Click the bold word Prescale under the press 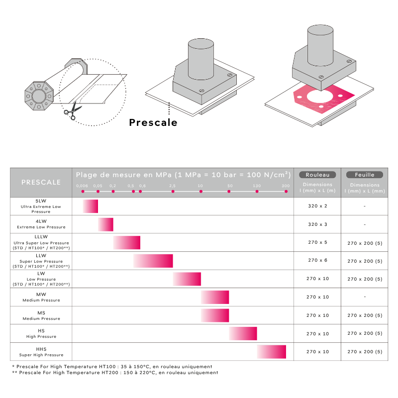[x=153, y=122]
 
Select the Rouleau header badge [x=317, y=175]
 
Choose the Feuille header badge [x=365, y=175]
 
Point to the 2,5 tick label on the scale [x=172, y=186]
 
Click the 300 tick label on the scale [x=286, y=186]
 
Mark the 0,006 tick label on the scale [x=82, y=186]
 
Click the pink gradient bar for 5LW [x=91, y=206]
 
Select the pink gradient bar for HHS [x=272, y=352]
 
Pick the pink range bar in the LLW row [x=153, y=261]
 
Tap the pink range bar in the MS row [x=215, y=315]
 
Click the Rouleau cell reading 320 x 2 [x=317, y=206]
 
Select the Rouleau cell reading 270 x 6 [x=317, y=260]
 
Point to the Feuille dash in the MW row [x=365, y=297]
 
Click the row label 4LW [x=41, y=221]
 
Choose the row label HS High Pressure [x=41, y=333]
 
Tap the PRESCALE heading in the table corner [x=41, y=182]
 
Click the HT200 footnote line [x=115, y=373]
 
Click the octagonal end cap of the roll [x=39, y=96]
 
